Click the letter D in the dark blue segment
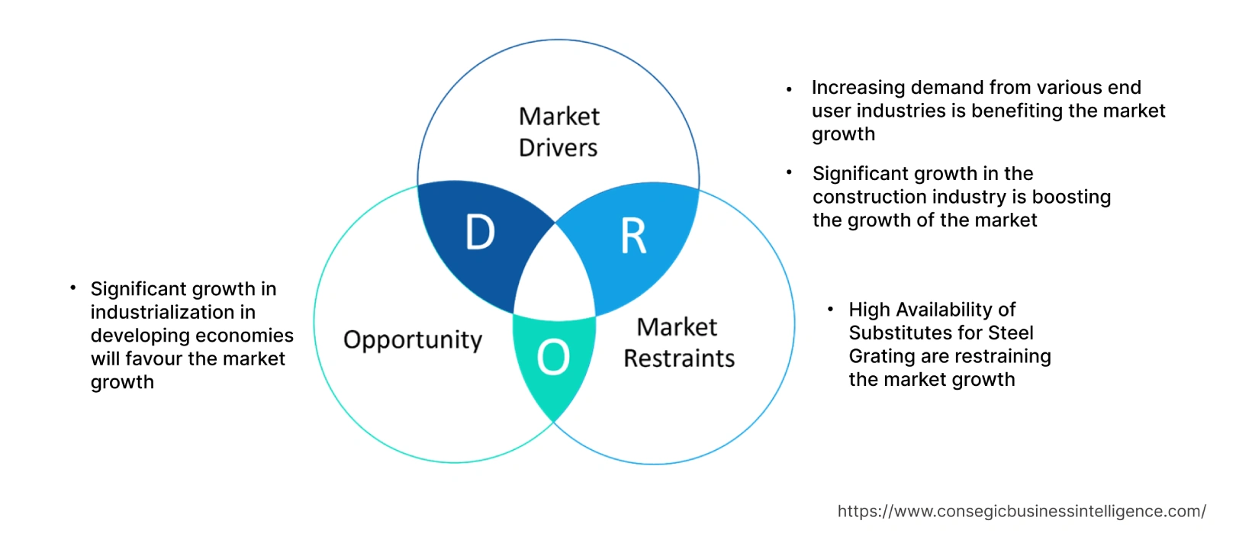(480, 232)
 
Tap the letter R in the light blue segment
(633, 236)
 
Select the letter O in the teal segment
(553, 357)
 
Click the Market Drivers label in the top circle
(558, 132)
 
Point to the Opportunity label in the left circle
(413, 339)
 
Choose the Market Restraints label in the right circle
(678, 342)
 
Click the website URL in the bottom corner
(1021, 511)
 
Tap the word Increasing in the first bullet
(858, 88)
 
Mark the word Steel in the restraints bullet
(1011, 333)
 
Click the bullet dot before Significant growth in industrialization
(73, 288)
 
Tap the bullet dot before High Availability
(831, 309)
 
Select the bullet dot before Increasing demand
(790, 90)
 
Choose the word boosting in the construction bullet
(1071, 197)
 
